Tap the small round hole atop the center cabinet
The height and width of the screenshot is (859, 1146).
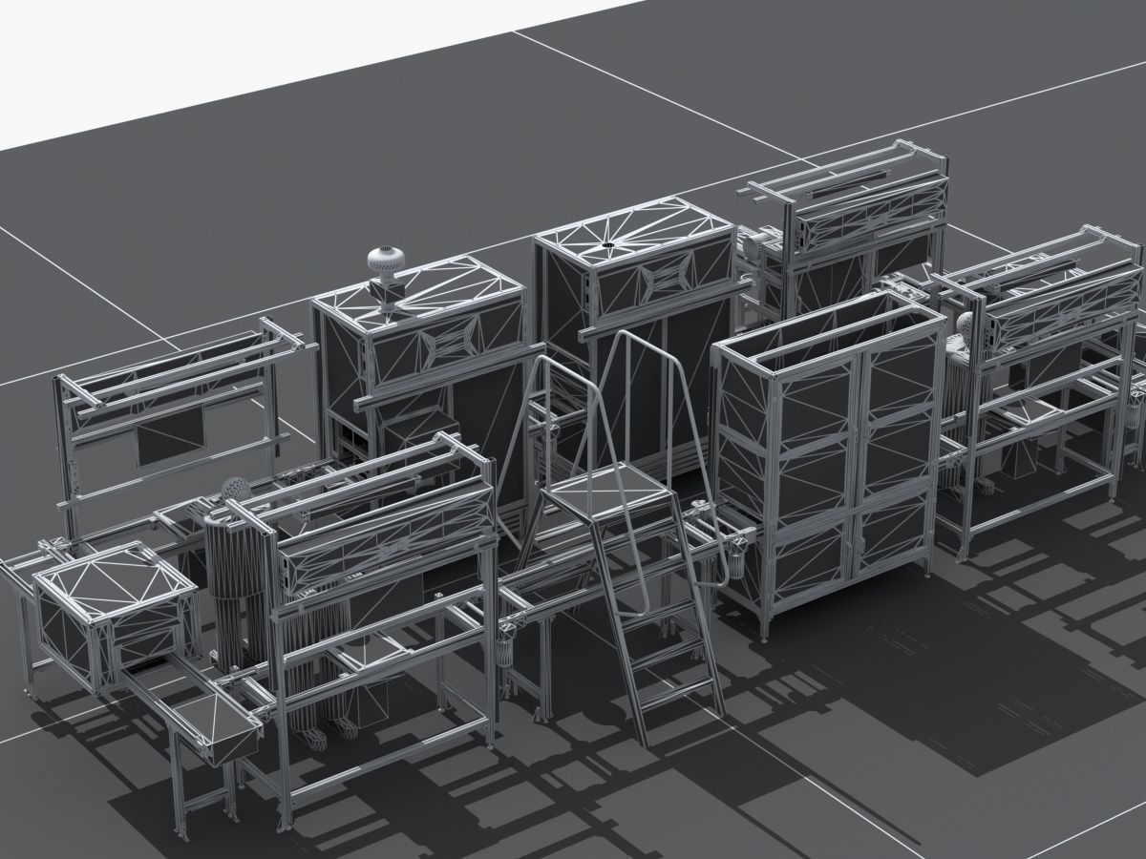pyautogui.click(x=606, y=247)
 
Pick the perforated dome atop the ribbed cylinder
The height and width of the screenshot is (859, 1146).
pyautogui.click(x=234, y=490)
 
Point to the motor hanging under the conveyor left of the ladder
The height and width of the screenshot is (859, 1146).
pyautogui.click(x=504, y=658)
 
